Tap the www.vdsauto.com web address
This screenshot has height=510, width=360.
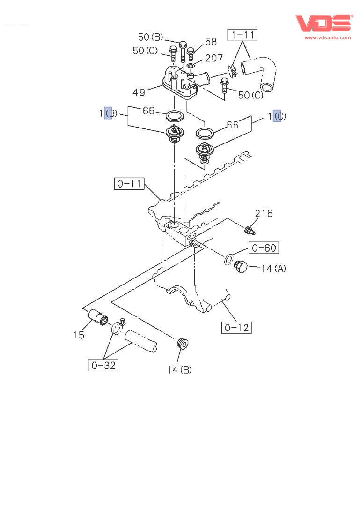coord(328,37)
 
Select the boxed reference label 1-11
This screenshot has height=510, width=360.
coord(242,34)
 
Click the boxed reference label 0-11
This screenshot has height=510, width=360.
coord(129,184)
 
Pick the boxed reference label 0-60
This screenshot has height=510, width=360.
coord(264,247)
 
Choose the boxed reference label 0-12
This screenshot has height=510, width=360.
coord(236,327)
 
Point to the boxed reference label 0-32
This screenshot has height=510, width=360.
coord(103,365)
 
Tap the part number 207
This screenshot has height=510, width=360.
coord(214,59)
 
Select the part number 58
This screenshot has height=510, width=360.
coord(211,42)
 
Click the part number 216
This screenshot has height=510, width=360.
coord(264,214)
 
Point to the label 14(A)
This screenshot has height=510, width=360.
coord(274,269)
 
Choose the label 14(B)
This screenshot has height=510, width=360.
coord(179,370)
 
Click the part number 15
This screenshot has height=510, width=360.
coord(78,335)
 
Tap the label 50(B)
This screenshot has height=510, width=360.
coord(150,37)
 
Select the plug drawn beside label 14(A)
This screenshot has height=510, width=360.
coord(240,267)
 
